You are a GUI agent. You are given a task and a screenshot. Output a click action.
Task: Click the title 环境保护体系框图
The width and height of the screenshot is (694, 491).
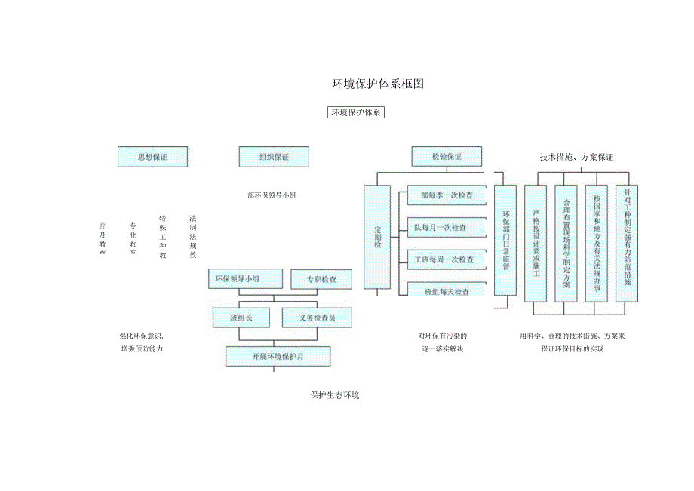[378, 84]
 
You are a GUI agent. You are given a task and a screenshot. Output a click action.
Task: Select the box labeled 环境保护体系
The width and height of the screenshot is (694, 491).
[356, 113]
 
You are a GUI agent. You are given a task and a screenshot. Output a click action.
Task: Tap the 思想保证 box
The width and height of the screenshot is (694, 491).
[152, 157]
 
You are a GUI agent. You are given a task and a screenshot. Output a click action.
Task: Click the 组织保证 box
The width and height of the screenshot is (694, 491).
[274, 157]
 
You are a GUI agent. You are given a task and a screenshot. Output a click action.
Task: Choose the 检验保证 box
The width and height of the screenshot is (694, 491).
[446, 157]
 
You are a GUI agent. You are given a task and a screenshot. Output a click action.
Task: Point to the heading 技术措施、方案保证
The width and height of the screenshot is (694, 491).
[576, 157]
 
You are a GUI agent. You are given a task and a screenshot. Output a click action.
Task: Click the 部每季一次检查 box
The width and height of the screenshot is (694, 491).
[447, 195]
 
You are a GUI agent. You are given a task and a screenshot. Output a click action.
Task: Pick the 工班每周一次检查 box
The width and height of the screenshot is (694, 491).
[447, 259]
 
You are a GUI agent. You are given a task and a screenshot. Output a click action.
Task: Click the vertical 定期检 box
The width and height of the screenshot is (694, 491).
[377, 238]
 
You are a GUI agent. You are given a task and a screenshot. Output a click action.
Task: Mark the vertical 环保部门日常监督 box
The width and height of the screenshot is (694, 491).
[505, 240]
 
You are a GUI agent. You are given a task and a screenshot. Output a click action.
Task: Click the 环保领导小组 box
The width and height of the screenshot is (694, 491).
[245, 279]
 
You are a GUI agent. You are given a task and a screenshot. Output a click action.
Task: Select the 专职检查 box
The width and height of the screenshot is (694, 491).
[321, 279]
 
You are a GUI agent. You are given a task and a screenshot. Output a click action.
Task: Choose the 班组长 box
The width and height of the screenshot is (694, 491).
[246, 318]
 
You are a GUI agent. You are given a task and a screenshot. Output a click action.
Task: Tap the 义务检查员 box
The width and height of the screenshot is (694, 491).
[318, 318]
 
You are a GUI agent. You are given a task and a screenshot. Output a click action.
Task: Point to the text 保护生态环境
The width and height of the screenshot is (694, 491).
[335, 394]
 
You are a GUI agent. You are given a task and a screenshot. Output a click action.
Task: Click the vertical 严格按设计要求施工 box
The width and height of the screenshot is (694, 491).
[536, 243]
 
